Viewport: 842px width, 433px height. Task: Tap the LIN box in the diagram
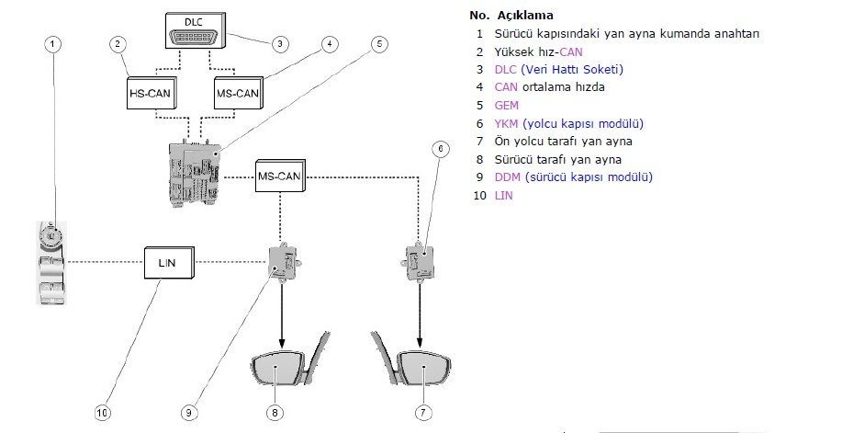[x=168, y=263]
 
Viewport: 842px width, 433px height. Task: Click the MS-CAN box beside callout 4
[x=238, y=93]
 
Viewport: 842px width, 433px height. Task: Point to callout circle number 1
[x=53, y=43]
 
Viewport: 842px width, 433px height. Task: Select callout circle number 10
[x=103, y=414]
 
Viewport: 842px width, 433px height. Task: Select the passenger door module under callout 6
[x=421, y=260]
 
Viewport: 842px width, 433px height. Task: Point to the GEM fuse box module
[x=197, y=173]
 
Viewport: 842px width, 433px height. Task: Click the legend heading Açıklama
[x=524, y=16]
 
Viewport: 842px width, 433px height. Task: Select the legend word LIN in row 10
[x=503, y=194]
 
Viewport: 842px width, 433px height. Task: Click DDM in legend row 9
[x=508, y=177]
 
